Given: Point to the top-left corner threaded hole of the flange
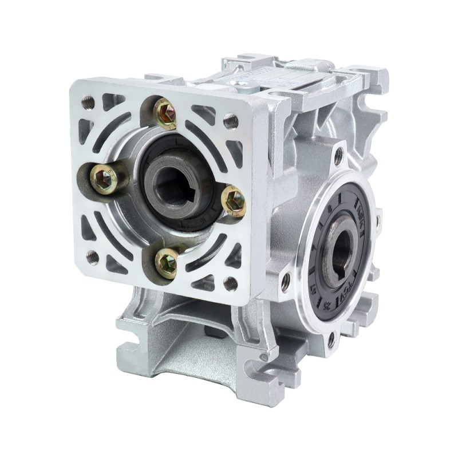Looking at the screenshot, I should point(88,102).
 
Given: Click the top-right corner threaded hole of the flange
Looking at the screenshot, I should point(231,120).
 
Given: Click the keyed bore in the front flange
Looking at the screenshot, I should point(177,183).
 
